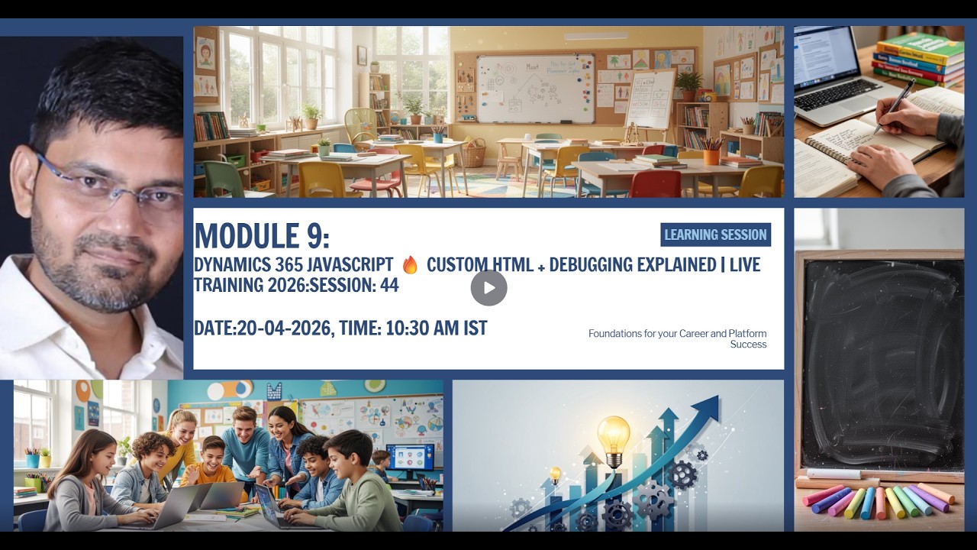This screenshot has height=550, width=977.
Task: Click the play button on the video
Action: click(488, 288)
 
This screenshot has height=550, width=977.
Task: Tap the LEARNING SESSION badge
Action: click(715, 235)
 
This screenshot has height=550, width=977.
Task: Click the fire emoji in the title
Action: click(410, 265)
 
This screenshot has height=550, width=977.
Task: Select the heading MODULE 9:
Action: click(262, 236)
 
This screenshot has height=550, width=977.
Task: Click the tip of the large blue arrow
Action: click(710, 404)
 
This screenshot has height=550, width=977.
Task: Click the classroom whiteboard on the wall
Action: click(535, 88)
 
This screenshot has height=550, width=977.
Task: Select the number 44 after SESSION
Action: click(389, 286)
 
